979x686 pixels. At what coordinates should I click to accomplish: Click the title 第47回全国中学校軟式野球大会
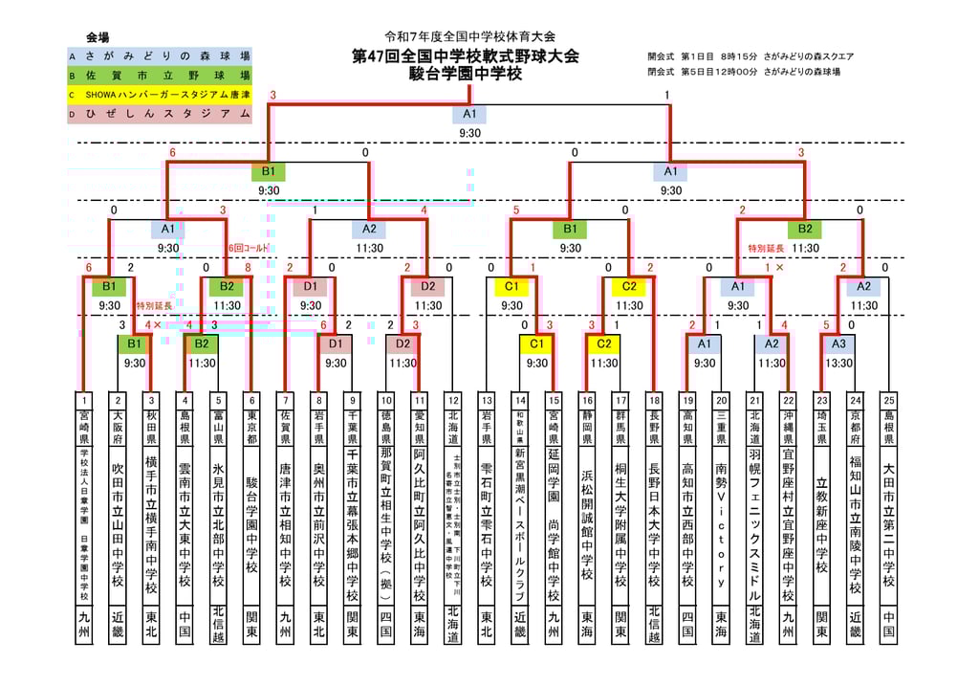point(465,56)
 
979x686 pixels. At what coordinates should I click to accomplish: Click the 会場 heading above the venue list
point(98,37)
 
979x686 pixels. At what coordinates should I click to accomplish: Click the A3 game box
point(838,343)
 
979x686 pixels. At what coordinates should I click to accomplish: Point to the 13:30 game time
point(838,364)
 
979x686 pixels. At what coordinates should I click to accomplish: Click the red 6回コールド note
point(249,248)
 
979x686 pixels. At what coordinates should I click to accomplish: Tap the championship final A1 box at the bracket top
point(468,114)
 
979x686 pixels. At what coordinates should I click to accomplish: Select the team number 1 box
point(84,400)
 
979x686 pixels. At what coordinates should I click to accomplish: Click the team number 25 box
point(888,400)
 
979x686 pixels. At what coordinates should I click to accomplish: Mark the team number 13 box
point(487,400)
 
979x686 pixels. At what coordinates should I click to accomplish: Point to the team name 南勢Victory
point(721,526)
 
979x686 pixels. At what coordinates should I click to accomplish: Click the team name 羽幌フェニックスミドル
point(754,526)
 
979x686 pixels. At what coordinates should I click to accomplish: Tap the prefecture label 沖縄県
point(788,427)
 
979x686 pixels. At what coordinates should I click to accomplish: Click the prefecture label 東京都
point(252,427)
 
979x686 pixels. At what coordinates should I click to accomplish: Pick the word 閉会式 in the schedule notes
point(661,72)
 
